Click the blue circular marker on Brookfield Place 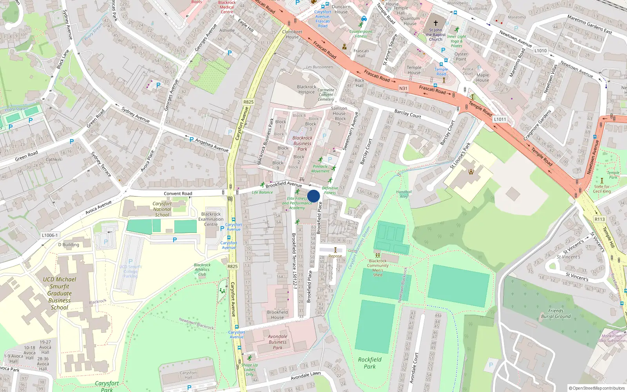point(313,196)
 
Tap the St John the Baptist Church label point(435,34)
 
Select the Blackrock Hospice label point(306,89)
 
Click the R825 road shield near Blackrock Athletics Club point(232,266)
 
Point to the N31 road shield point(403,88)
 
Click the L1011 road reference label point(500,119)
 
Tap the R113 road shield point(600,219)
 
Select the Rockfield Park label point(370,363)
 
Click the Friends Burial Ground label point(556,313)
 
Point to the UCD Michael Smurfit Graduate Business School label point(60,293)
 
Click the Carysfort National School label point(162,209)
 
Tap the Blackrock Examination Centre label point(211,219)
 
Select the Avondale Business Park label point(277,342)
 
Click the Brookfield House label point(277,315)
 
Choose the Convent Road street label point(178,194)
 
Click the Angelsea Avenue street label point(212,145)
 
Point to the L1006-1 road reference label point(50,235)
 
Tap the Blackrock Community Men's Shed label point(378,268)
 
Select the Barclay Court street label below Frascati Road point(408,114)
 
